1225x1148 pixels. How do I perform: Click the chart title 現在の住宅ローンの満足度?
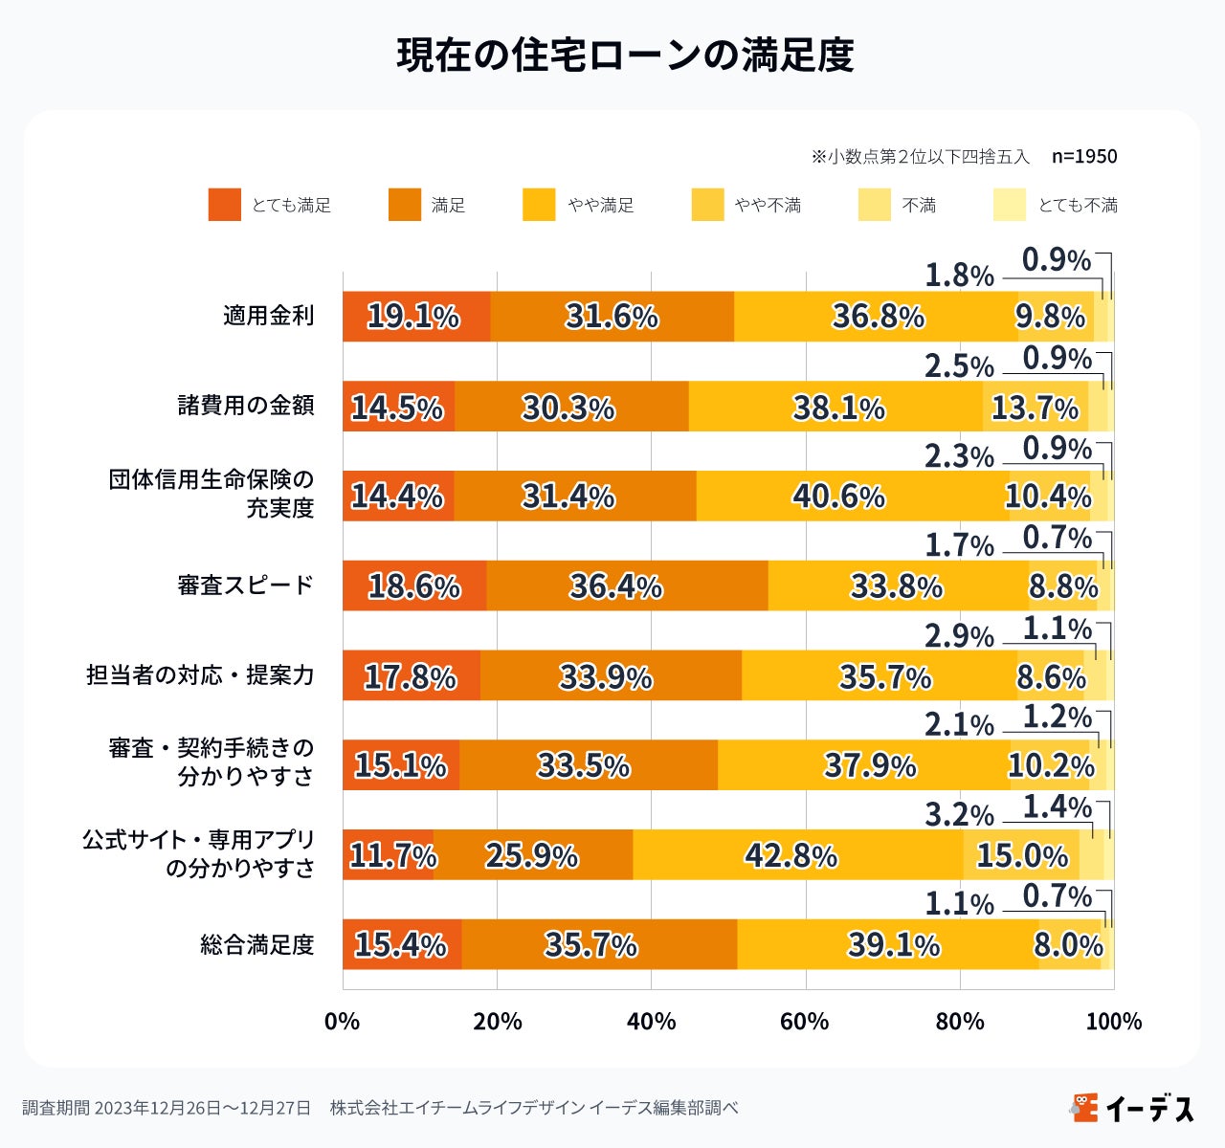coord(625,55)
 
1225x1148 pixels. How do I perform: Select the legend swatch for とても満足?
coord(224,205)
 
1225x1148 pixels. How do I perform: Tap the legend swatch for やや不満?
coord(707,205)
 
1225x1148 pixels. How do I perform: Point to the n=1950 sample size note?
coord(1083,156)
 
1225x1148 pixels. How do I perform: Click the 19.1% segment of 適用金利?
coord(415,317)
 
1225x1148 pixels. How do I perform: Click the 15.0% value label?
coord(1022,855)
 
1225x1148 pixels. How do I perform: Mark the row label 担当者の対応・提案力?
coord(200,675)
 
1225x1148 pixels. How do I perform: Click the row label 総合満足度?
coord(256,945)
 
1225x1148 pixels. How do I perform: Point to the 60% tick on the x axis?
coord(805,1022)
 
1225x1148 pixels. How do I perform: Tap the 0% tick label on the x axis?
coord(343,1022)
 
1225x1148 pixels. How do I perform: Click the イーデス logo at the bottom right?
coord(1133,1108)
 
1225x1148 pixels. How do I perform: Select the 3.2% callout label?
coord(959,815)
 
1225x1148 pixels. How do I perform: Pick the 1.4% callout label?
coord(1057,807)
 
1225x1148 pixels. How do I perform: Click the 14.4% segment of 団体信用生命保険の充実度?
coord(397,497)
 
